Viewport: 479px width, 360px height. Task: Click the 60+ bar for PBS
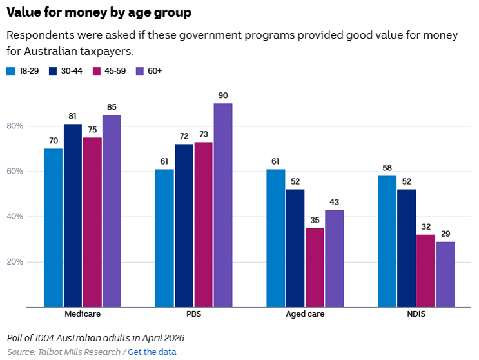pyautogui.click(x=223, y=205)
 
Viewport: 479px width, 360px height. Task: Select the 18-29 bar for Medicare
pyautogui.click(x=53, y=228)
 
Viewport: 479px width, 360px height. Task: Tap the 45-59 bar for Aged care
pyautogui.click(x=315, y=267)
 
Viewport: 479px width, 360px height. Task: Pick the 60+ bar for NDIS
pyautogui.click(x=445, y=274)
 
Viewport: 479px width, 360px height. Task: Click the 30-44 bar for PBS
pyautogui.click(x=184, y=226)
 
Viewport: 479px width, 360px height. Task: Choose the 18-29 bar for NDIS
pyautogui.click(x=387, y=241)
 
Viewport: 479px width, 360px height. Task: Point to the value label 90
pyautogui.click(x=223, y=95)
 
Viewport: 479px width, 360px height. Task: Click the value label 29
pyautogui.click(x=445, y=234)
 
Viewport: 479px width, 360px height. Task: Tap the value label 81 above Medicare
pyautogui.click(x=72, y=116)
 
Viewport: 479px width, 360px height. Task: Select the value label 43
pyautogui.click(x=334, y=202)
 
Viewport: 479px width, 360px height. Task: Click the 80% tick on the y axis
pyautogui.click(x=15, y=126)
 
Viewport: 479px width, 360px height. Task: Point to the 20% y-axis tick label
pyautogui.click(x=15, y=262)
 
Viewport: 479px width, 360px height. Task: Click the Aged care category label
pyautogui.click(x=305, y=314)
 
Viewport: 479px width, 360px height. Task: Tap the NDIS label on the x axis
pyautogui.click(x=416, y=314)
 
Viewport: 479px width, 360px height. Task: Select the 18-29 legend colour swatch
pyautogui.click(x=11, y=71)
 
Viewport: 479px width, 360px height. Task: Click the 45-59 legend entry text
pyautogui.click(x=115, y=71)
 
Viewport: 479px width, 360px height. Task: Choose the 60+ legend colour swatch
pyautogui.click(x=140, y=71)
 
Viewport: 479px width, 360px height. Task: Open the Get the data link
pyautogui.click(x=152, y=352)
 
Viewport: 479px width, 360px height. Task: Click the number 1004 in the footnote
pyautogui.click(x=44, y=338)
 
